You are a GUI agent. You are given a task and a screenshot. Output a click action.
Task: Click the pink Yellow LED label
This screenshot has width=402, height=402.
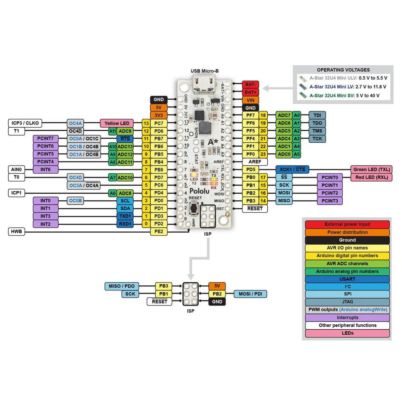tap(117, 123)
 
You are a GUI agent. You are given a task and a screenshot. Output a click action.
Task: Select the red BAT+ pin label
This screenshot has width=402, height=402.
tap(250, 92)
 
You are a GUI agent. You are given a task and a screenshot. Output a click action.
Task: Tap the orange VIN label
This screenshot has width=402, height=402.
tap(250, 100)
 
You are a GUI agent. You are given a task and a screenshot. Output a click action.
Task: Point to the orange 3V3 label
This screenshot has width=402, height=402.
tap(158, 115)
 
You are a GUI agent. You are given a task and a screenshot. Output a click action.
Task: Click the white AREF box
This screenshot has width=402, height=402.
tap(255, 162)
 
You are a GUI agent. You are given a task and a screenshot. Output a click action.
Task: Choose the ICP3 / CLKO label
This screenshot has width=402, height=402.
tap(25, 123)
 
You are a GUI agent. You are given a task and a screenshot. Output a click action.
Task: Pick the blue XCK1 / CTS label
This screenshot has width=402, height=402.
tap(292, 170)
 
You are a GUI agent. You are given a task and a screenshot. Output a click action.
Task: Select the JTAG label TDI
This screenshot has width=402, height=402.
tap(317, 115)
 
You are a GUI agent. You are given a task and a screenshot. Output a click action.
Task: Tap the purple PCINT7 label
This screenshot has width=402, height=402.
tap(46, 138)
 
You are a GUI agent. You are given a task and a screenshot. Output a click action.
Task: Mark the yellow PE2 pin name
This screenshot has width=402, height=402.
tap(158, 231)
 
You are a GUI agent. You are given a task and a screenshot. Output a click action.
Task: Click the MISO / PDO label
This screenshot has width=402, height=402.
tap(121, 286)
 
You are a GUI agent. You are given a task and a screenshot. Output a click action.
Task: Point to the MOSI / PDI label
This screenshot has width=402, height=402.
tap(250, 294)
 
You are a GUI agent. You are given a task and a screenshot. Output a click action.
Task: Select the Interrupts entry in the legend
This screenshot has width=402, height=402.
tap(347, 318)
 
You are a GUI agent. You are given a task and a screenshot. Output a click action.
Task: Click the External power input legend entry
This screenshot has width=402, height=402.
tap(347, 224)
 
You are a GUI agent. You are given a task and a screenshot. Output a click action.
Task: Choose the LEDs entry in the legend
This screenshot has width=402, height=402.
tap(347, 333)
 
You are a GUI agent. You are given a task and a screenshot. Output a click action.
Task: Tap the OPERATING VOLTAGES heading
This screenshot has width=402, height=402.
tap(343, 70)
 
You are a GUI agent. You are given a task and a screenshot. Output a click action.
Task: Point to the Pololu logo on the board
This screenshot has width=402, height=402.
tap(199, 191)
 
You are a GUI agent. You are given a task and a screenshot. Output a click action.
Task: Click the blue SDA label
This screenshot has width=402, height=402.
tap(125, 208)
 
